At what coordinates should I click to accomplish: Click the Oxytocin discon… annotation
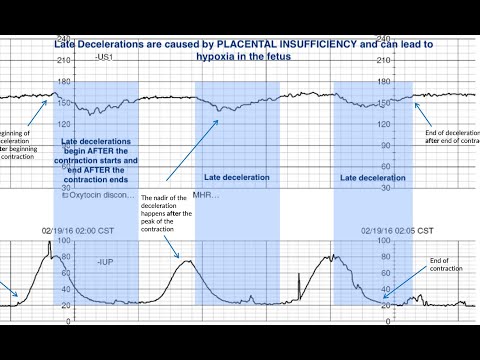click(x=98, y=196)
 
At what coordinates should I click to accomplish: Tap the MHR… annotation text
click(x=204, y=196)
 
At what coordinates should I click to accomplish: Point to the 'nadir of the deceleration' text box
click(x=169, y=215)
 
